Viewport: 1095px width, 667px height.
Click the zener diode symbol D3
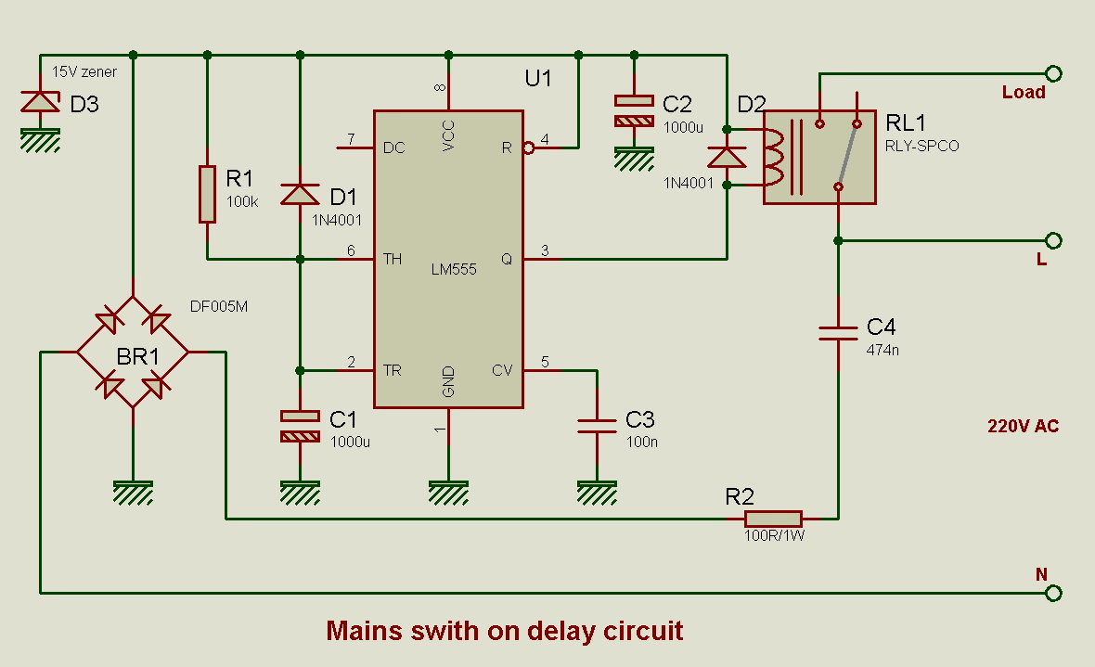[x=40, y=102]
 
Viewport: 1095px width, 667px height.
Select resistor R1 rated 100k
[x=207, y=194]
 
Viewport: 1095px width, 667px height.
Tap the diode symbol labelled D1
[x=300, y=193]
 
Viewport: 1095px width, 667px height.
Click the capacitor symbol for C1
[x=300, y=426]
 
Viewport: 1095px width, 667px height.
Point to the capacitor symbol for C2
[x=634, y=110]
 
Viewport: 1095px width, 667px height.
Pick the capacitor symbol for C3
[x=597, y=426]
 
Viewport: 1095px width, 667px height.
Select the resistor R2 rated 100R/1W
[x=773, y=519]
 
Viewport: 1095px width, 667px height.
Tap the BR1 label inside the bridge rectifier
[x=133, y=357]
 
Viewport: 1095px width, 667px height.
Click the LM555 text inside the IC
[x=454, y=270]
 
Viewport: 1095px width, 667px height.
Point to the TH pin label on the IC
[x=393, y=260]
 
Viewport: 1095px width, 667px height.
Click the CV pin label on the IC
[x=502, y=371]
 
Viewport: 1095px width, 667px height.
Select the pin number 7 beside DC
[x=351, y=139]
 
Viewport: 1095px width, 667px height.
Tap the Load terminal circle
[x=1053, y=73]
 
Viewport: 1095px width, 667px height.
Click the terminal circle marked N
[x=1053, y=593]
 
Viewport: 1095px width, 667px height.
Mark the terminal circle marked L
[x=1053, y=240]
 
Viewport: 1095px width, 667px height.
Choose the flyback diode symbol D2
[x=727, y=156]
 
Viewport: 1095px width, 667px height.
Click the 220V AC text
[x=1023, y=427]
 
